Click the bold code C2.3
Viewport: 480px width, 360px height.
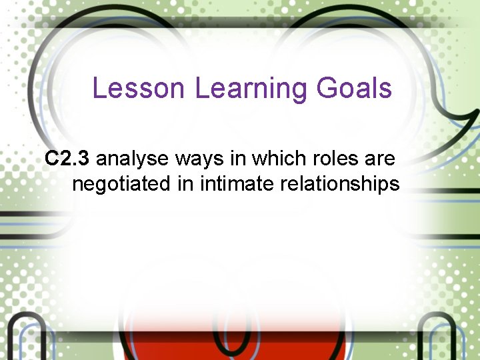[x=67, y=159]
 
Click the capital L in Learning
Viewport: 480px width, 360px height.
[x=202, y=88]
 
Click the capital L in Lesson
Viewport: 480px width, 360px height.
[x=99, y=88]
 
